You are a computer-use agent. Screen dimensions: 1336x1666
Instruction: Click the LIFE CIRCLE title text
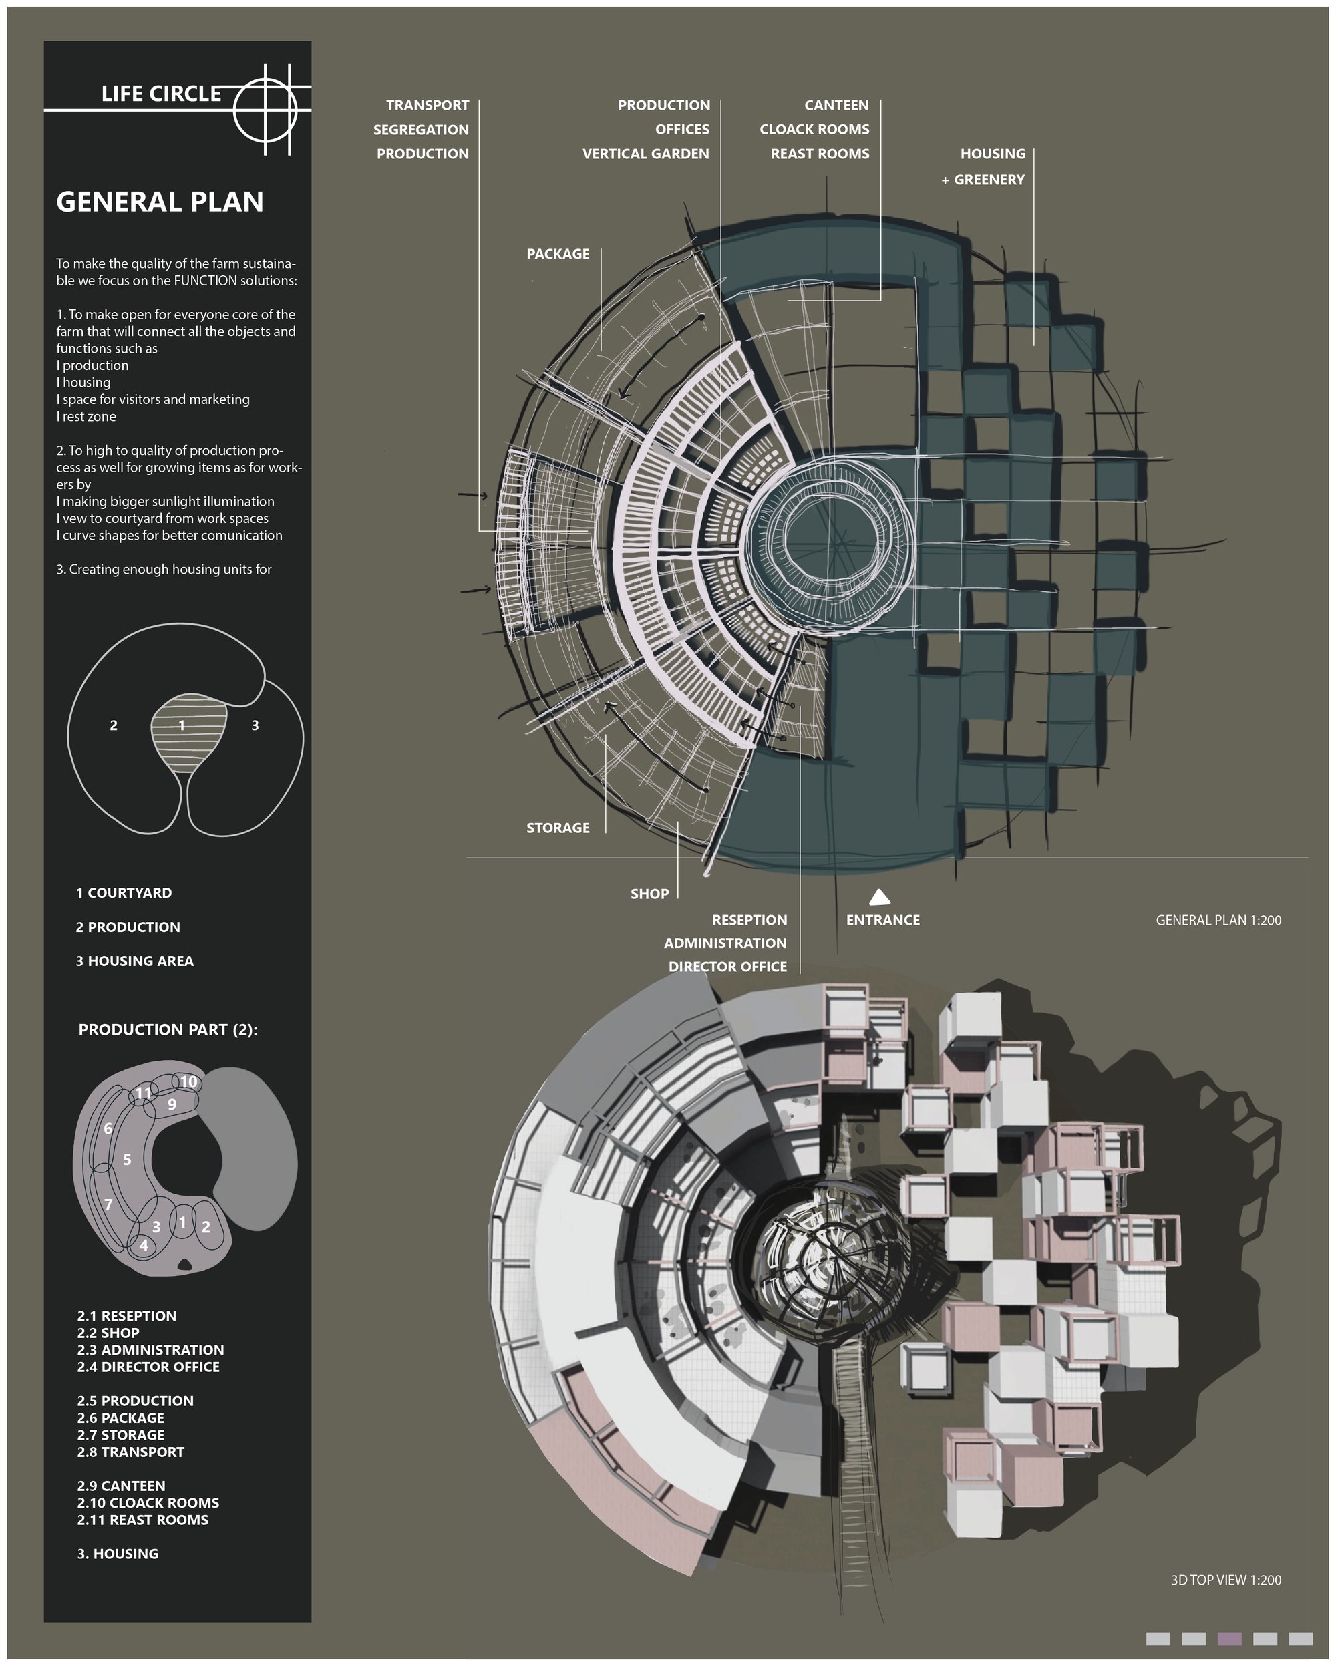(162, 94)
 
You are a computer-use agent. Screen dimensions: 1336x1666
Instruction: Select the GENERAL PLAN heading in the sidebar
(160, 202)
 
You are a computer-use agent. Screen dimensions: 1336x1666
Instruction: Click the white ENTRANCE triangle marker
(879, 897)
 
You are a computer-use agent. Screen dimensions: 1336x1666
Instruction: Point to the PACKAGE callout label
(558, 253)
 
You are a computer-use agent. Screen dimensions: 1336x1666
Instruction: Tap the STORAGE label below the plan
(558, 828)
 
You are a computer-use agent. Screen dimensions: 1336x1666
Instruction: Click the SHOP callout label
(649, 894)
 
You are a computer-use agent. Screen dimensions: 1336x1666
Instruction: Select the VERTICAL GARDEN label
(646, 154)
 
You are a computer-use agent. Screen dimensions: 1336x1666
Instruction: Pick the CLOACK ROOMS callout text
(814, 129)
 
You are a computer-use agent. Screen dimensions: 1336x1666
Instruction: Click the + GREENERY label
(983, 179)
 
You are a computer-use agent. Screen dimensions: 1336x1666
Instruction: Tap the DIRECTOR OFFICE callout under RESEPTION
(728, 966)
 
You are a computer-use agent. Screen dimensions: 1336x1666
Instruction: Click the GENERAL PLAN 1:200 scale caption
(1218, 920)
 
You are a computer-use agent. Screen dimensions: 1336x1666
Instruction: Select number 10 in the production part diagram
(188, 1081)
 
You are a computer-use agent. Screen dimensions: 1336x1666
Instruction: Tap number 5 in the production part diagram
(127, 1159)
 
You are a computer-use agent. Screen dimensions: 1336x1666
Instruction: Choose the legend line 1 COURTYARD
(124, 892)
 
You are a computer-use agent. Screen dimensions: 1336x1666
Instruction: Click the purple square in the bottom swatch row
(1229, 1639)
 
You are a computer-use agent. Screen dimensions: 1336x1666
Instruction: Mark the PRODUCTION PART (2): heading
(168, 1029)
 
